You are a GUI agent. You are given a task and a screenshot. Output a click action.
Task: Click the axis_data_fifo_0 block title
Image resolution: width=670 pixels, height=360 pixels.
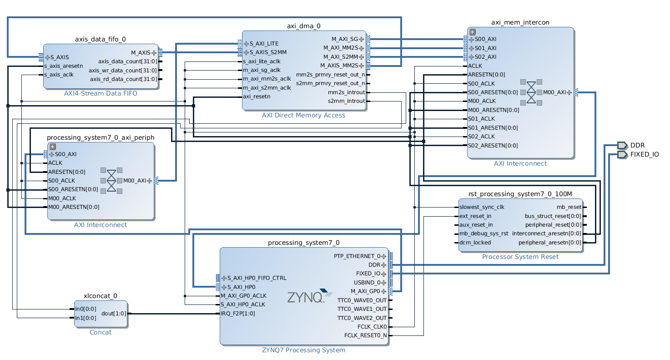coord(100,39)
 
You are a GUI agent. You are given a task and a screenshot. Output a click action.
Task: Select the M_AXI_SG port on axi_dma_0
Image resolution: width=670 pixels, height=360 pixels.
coord(344,39)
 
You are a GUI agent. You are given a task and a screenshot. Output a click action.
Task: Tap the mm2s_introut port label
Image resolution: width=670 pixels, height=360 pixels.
coord(346,92)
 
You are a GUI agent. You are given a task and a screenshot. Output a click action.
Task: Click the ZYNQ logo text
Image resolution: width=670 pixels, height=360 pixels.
coord(305,298)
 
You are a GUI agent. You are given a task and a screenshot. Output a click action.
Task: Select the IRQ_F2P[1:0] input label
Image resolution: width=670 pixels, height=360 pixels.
coord(237,313)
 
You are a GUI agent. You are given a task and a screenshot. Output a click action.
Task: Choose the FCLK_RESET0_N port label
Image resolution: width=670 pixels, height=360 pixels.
coord(365,336)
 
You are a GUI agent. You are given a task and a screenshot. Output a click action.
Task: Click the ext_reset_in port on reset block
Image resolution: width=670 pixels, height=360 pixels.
coord(475,216)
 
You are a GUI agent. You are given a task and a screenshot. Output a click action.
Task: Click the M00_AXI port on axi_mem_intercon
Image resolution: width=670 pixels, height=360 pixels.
coord(554,92)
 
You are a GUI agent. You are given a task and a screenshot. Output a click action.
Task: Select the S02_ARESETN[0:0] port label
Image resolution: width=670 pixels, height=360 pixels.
coord(493,146)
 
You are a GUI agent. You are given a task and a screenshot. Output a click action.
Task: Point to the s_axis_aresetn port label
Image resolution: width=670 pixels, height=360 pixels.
coord(63,66)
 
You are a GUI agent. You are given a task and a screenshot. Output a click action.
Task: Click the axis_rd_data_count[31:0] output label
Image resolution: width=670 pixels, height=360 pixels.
coord(123,79)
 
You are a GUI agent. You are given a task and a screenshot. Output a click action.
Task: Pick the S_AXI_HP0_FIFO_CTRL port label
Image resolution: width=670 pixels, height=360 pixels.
coord(257,278)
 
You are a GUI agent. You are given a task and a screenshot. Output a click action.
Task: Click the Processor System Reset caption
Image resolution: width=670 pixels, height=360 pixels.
coord(520,257)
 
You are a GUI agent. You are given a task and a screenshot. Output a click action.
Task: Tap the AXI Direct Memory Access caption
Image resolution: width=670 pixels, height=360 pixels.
coord(303,115)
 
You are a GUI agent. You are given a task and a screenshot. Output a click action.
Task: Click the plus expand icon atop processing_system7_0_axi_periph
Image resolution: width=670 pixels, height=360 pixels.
coord(52,147)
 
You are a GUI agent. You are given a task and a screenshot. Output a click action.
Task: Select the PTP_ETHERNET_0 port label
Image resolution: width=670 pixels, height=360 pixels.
coord(357,256)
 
